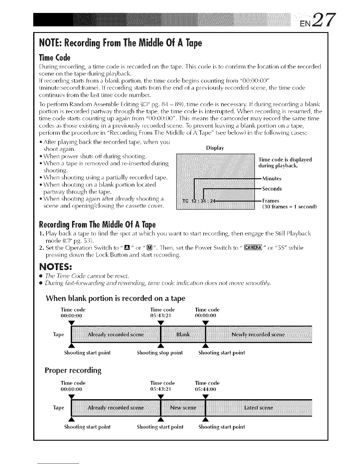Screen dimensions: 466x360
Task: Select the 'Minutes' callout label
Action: click(x=272, y=179)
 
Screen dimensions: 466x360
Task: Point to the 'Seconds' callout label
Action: click(x=272, y=189)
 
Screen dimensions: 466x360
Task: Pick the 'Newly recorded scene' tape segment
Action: click(x=258, y=335)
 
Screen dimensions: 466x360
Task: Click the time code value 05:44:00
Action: click(x=205, y=389)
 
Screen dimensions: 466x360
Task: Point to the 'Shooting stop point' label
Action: click(x=160, y=352)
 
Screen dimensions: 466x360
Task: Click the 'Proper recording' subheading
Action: click(x=73, y=370)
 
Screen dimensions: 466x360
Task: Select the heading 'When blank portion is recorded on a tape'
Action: click(x=116, y=298)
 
